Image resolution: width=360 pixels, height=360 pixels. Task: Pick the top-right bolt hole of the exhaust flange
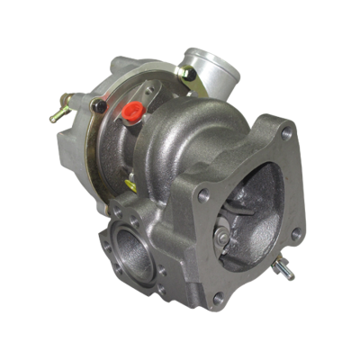click(x=286, y=135)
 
